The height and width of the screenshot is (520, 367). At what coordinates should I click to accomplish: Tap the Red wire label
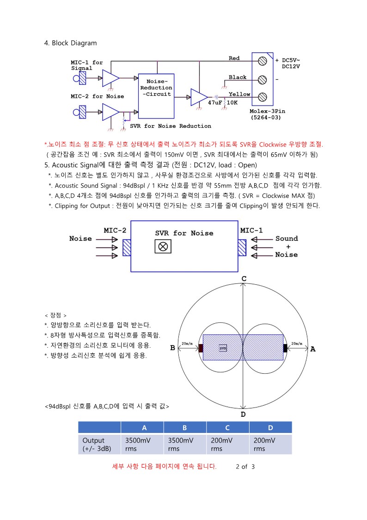click(x=234, y=58)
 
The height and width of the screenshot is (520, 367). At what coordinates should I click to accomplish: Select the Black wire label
click(x=238, y=77)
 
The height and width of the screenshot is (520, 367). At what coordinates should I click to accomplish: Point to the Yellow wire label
click(x=239, y=94)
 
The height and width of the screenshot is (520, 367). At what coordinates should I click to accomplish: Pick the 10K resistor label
click(x=232, y=102)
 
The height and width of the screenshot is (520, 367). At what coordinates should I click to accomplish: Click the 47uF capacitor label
click(x=215, y=102)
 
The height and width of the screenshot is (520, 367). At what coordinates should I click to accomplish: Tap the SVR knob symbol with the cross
click(x=163, y=247)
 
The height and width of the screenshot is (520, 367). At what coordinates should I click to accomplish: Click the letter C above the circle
click(x=244, y=278)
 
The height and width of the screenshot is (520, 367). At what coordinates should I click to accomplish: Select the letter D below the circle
click(x=243, y=414)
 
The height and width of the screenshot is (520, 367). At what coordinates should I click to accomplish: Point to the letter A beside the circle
click(x=313, y=349)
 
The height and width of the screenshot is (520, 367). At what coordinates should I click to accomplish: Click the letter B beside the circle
click(x=172, y=348)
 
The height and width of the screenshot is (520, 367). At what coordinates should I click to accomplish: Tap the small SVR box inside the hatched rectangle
click(x=223, y=348)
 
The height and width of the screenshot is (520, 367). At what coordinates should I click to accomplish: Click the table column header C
click(x=227, y=427)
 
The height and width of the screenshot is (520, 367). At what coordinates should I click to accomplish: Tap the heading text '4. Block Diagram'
click(x=70, y=43)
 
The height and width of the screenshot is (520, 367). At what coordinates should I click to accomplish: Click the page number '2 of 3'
click(x=245, y=466)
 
